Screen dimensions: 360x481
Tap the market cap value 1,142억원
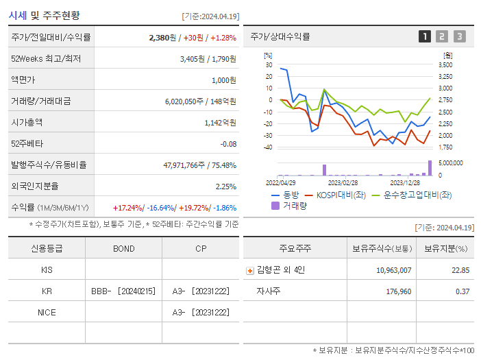220,123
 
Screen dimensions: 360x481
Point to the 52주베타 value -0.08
228,144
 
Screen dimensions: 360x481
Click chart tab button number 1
425,36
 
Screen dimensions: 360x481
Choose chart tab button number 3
459,36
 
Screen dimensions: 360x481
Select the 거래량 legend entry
294,205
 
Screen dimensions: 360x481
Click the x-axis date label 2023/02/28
343,183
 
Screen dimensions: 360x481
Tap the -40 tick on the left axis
268,147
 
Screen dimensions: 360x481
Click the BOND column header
123,248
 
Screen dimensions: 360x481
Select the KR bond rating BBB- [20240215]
123,291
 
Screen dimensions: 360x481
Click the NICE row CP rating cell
200,313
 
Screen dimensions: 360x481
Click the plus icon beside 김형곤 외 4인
249,270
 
